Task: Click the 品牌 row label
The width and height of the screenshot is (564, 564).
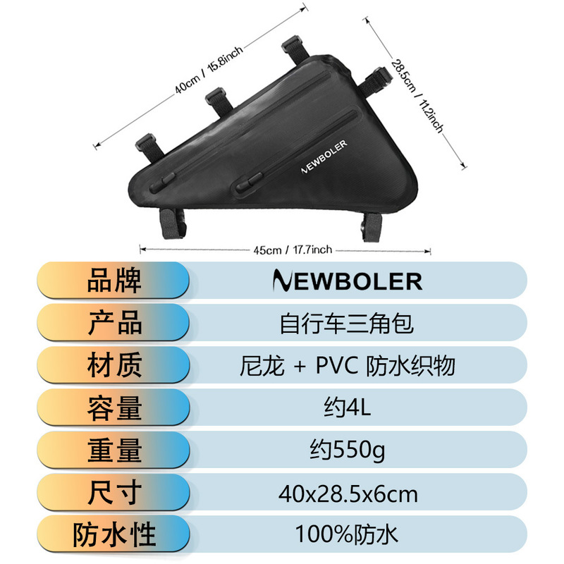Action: coord(114,281)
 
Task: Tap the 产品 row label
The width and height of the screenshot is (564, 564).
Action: coord(114,324)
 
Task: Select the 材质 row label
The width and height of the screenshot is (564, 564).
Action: coord(114,366)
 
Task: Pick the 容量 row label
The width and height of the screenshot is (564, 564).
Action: coord(114,408)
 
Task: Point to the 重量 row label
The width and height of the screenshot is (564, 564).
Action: coord(114,450)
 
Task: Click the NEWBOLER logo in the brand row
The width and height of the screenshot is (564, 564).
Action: coord(347,281)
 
